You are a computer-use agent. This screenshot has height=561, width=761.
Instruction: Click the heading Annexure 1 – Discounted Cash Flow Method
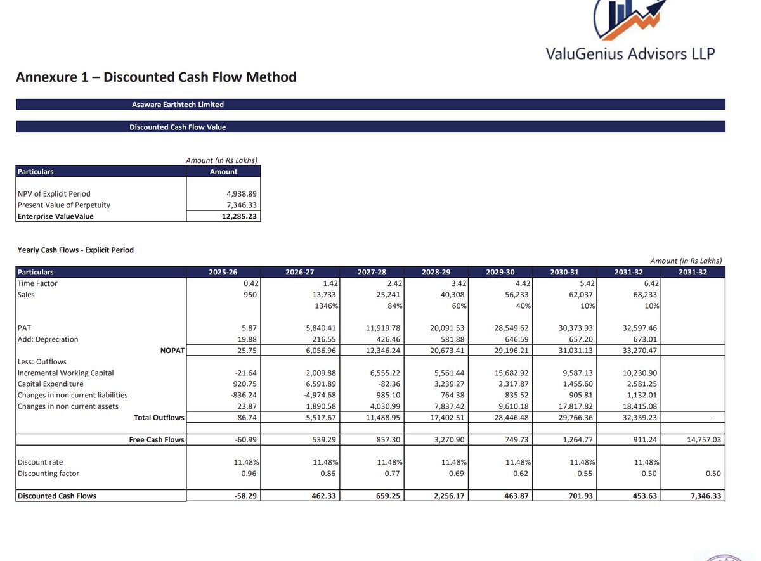(156, 77)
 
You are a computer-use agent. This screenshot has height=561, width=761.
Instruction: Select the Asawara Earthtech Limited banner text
(178, 105)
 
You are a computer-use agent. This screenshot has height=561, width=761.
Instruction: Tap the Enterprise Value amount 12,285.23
(238, 217)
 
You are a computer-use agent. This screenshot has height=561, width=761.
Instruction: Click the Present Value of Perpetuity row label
(64, 205)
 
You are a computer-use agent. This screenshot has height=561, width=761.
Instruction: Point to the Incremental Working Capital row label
(66, 373)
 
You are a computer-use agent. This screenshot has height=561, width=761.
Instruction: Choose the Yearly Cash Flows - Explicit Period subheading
(75, 250)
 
